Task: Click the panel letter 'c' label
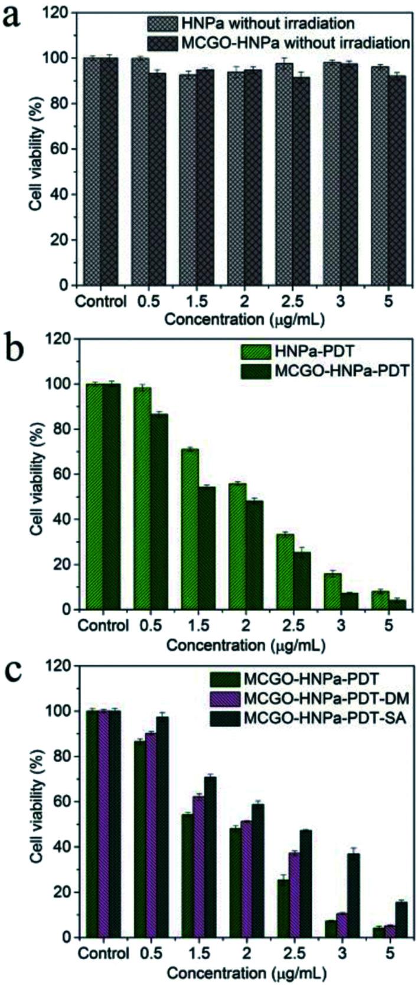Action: click(x=13, y=669)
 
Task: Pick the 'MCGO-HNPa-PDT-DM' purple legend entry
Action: click(x=225, y=699)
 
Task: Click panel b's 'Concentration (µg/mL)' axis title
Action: click(x=244, y=645)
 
